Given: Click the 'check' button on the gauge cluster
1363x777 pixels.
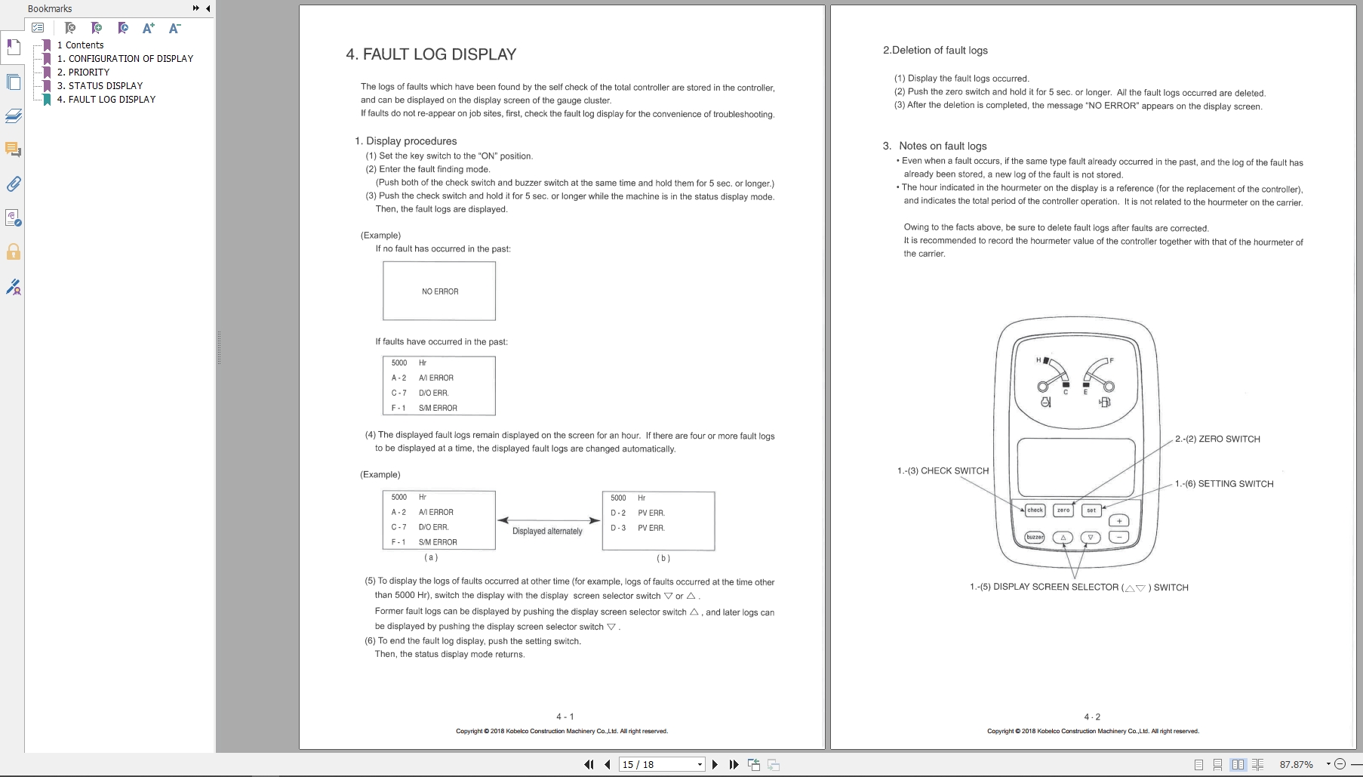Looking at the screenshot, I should point(1035,510).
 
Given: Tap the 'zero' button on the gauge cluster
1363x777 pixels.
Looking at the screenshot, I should point(1063,510).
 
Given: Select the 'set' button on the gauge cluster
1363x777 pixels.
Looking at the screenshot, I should point(1091,510).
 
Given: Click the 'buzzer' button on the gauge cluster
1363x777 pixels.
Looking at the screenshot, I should point(1035,538).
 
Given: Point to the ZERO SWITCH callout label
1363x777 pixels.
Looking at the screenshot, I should point(1217,439).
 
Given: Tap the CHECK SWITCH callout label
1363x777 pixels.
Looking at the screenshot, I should point(943,470).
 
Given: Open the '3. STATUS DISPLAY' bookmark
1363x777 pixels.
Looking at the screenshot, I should point(100,85).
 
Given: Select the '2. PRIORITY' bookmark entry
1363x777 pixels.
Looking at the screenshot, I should point(83,72).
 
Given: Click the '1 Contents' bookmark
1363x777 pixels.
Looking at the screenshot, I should point(80,45).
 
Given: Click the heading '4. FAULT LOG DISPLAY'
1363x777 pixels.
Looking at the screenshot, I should point(431,54).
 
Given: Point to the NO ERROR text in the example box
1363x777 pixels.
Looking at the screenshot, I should point(440,291).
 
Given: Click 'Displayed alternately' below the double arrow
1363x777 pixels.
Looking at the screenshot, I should point(547,532).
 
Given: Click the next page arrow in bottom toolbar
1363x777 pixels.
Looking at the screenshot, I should point(715,764).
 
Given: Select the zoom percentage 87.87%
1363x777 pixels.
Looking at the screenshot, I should point(1296,764).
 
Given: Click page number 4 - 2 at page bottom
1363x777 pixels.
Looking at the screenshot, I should point(1092,717).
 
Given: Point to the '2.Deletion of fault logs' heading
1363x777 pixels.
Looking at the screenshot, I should point(935,51).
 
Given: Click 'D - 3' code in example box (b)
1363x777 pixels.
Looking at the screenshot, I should point(618,528).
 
